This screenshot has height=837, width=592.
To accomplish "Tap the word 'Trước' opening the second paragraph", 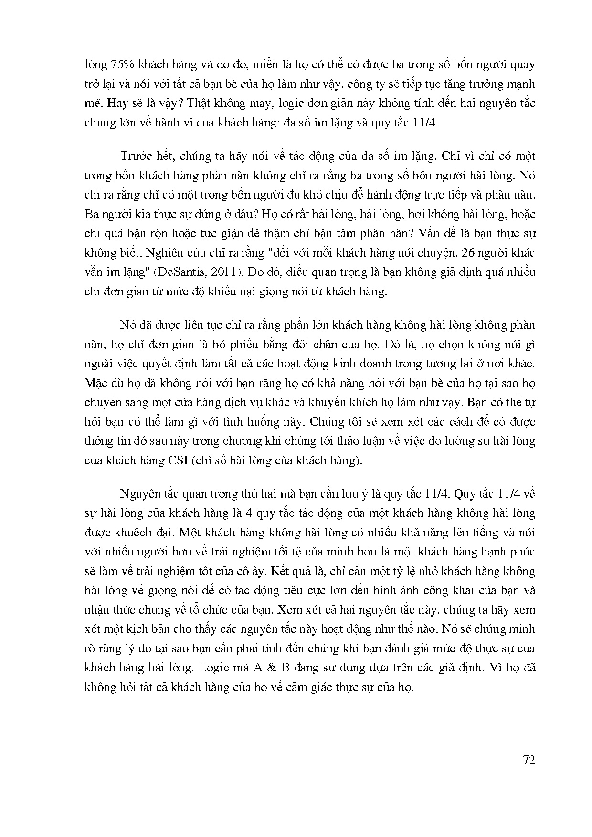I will [x=135, y=156].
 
